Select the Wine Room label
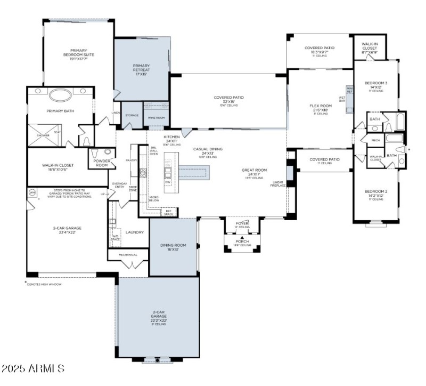156,117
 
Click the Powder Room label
102,163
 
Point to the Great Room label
250,173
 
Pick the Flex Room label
321,108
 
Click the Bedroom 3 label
376,85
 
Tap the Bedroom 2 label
376,194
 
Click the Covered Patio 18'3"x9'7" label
319,50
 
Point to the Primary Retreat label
142,70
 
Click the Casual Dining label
208,151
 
